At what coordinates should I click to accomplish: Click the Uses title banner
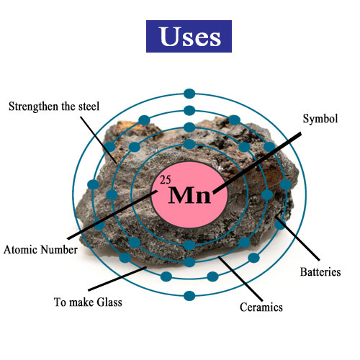point(189,36)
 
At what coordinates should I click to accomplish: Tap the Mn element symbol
point(189,195)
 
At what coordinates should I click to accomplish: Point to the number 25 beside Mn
point(166,180)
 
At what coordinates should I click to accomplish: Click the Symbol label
point(320,119)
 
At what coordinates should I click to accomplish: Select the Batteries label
point(320,272)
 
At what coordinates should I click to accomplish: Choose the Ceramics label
point(261,307)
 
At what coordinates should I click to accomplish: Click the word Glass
point(109,302)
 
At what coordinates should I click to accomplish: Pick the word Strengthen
point(33,107)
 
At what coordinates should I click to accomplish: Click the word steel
point(89,107)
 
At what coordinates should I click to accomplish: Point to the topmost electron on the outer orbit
point(189,94)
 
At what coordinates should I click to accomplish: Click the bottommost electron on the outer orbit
point(189,296)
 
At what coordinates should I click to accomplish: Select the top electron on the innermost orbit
point(189,144)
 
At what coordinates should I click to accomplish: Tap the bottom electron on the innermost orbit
point(189,246)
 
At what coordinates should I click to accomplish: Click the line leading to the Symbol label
point(257,163)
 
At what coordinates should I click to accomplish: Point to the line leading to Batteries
point(297,238)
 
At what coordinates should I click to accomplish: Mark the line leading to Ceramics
point(240,279)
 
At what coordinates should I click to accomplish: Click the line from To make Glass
point(117,279)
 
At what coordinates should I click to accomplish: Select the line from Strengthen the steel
point(99,140)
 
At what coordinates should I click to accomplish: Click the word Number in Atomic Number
point(59,250)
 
